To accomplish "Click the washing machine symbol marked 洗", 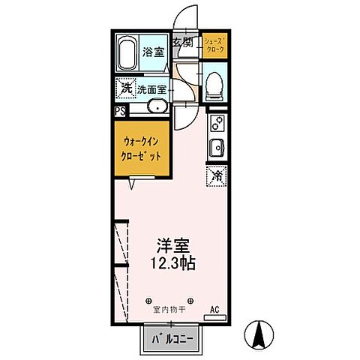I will pos(126,88).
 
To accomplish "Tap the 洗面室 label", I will pos(151,89).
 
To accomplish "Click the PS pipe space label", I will pos(120,111).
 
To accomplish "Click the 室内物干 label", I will pos(169,309).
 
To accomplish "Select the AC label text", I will pos(215,309).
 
